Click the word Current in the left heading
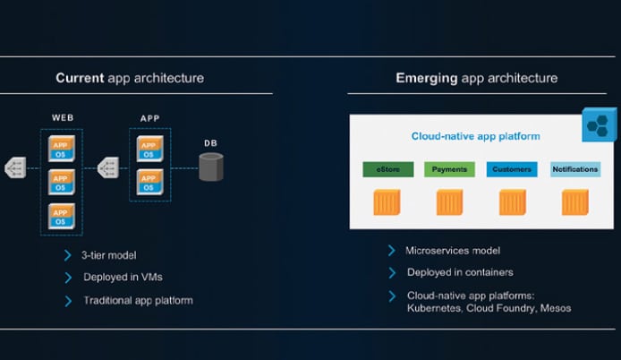click(80, 78)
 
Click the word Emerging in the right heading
click(427, 78)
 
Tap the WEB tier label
click(63, 117)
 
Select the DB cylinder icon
click(210, 167)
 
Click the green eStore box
click(388, 169)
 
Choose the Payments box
click(449, 169)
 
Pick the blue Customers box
click(512, 169)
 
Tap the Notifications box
click(575, 169)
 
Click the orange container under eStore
click(387, 202)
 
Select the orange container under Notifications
click(575, 202)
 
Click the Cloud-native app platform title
click(475, 136)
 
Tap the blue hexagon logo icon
click(599, 124)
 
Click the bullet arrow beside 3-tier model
click(68, 255)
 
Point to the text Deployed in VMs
click(123, 277)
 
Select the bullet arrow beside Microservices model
click(392, 251)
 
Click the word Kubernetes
click(434, 308)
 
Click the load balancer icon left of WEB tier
click(15, 167)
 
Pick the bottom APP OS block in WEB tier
click(62, 217)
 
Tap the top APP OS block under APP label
click(149, 149)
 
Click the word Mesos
click(556, 308)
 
